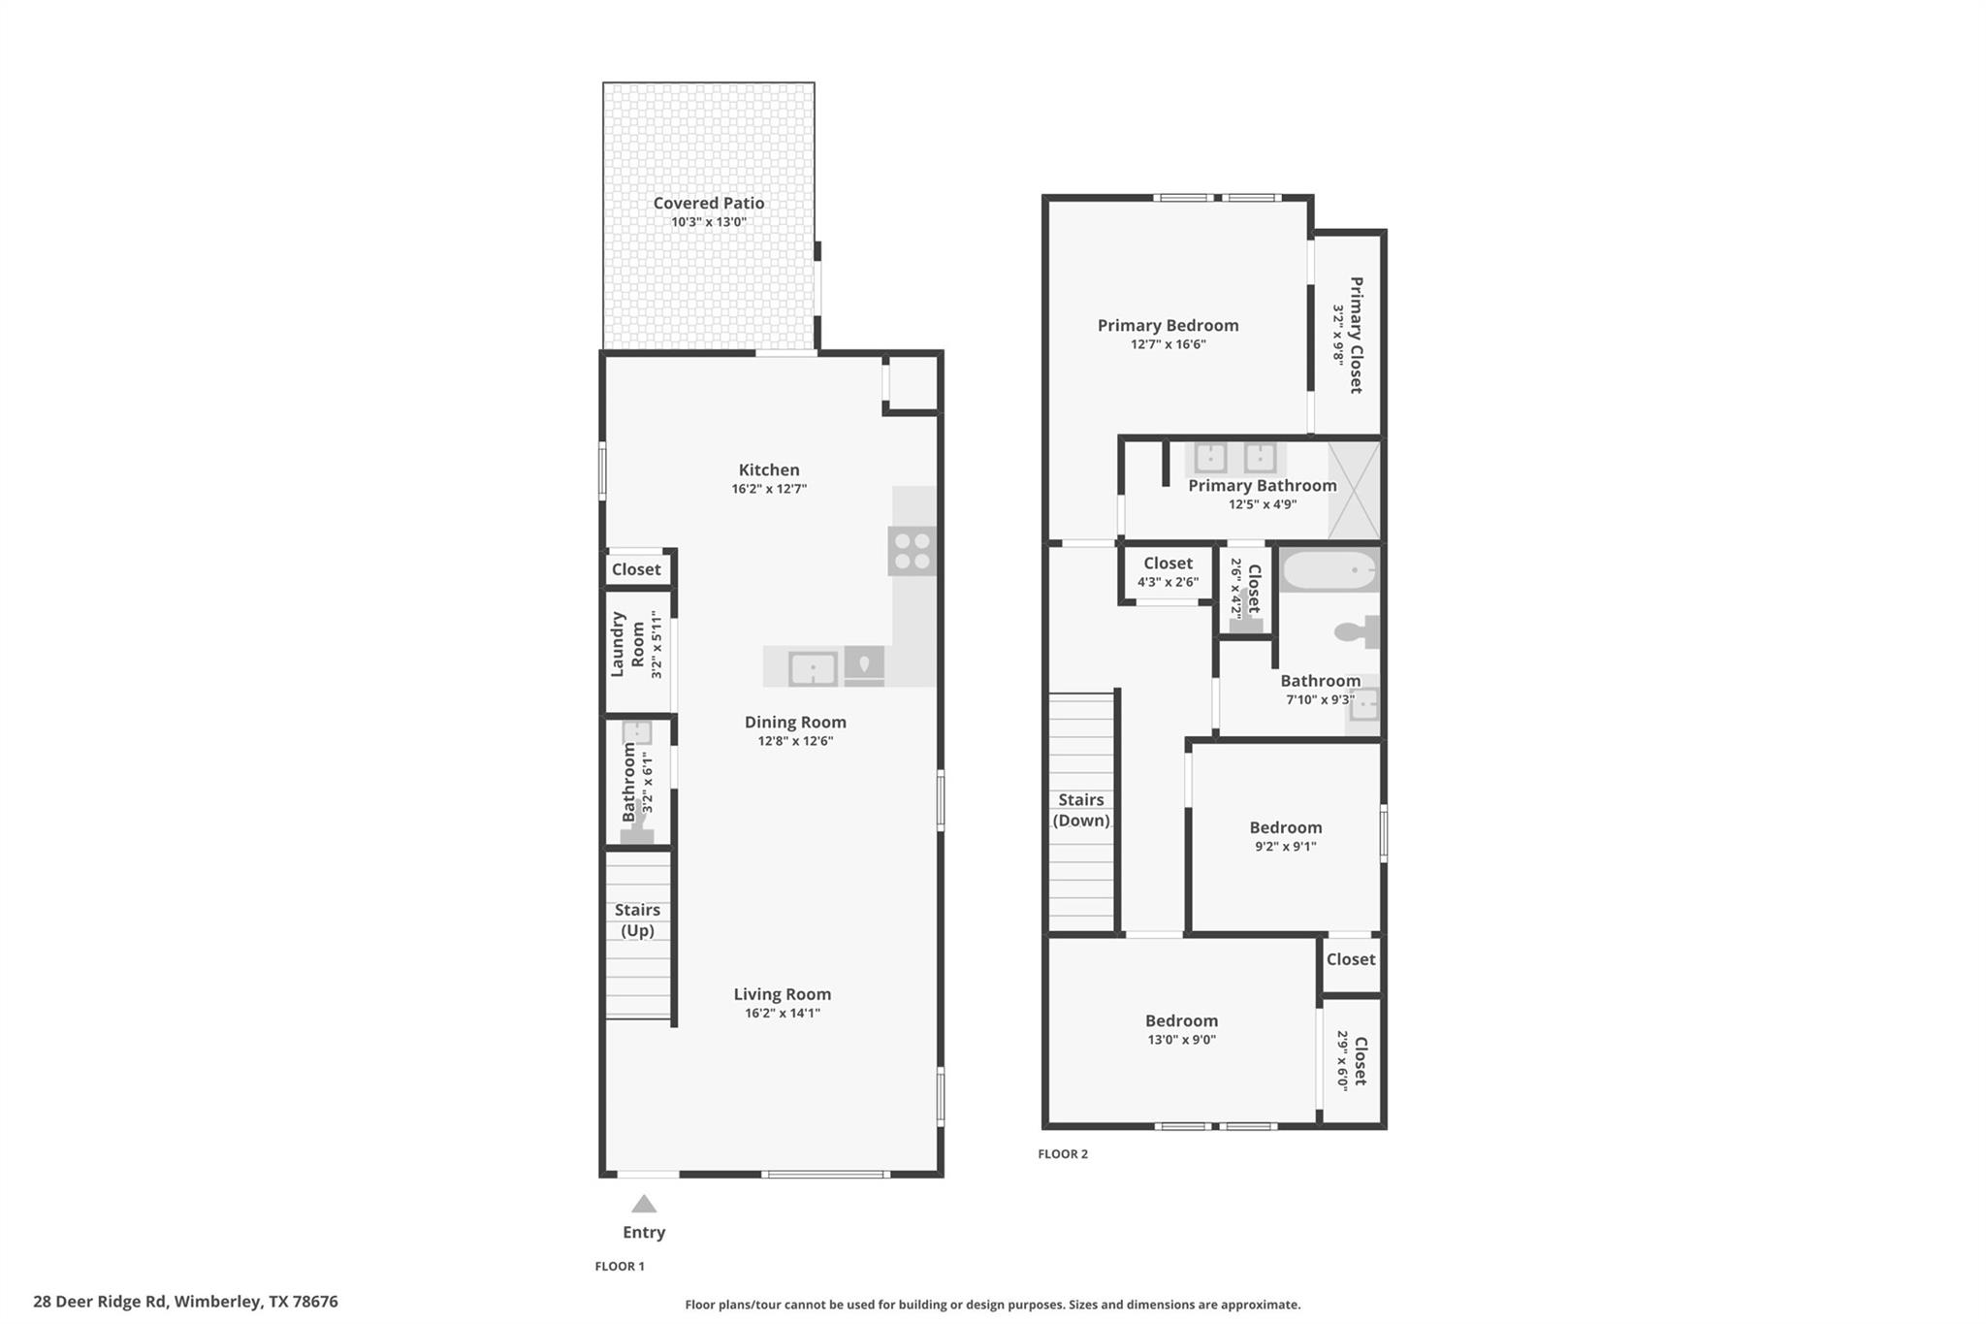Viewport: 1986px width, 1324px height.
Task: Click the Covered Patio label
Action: click(708, 203)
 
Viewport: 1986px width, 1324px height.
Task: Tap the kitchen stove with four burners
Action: click(912, 551)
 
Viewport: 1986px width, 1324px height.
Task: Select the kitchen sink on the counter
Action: click(813, 668)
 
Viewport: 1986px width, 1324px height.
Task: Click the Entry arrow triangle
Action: click(644, 1205)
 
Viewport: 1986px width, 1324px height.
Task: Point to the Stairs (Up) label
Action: click(637, 920)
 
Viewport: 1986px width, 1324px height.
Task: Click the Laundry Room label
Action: click(627, 644)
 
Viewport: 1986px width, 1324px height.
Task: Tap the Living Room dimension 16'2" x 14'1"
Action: click(782, 1013)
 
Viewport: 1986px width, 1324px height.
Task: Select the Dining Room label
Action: click(795, 722)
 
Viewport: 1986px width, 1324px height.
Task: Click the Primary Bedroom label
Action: click(1168, 325)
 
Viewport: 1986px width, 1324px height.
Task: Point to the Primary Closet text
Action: click(1356, 335)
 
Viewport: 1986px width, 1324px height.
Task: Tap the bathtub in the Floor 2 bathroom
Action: click(1329, 570)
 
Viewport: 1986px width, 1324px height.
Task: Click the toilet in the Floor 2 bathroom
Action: click(1357, 632)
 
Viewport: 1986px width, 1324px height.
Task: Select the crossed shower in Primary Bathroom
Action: click(1354, 491)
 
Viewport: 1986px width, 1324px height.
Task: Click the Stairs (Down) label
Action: click(1080, 810)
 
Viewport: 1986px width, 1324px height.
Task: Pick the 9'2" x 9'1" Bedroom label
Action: click(1285, 827)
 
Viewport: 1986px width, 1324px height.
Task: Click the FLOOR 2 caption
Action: click(1063, 1153)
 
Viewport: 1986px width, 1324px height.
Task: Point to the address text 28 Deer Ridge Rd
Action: click(185, 1302)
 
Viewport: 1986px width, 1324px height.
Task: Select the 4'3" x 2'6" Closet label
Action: click(1168, 564)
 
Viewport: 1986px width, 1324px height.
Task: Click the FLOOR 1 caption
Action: click(619, 1266)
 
